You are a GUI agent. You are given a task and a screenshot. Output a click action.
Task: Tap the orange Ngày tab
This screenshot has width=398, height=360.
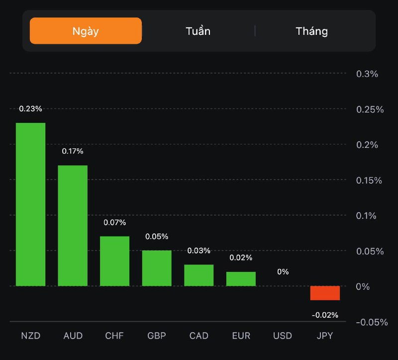pos(86,31)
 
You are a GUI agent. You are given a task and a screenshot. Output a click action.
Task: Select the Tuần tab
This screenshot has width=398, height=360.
pos(198,31)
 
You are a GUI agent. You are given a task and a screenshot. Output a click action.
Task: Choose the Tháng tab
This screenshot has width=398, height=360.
pos(312,31)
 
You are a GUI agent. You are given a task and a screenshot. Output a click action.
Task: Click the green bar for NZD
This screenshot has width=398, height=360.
pos(30,204)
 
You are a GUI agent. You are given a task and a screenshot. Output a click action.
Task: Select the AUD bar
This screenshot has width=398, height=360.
pos(73,226)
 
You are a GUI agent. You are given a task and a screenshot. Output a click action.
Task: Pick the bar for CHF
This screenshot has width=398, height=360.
pos(114,261)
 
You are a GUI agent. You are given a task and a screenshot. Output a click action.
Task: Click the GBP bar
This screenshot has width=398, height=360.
pos(157,268)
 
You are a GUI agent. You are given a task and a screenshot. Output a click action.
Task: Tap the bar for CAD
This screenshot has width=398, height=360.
pos(199,275)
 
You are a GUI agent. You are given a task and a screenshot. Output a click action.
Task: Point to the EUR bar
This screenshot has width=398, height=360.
pos(241,279)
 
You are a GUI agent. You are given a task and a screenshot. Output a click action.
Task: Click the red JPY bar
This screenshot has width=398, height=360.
pos(325,293)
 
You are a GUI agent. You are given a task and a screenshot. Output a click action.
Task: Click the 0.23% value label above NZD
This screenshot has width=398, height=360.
pos(31,109)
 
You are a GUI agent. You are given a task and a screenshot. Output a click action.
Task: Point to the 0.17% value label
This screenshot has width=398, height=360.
pos(73,151)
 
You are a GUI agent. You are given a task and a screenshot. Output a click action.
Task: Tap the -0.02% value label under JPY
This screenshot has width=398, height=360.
pos(325,315)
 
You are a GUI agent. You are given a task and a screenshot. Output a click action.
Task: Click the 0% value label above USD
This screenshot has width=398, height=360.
pos(283,272)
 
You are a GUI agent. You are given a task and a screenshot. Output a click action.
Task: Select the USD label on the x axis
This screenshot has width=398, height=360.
pos(283,336)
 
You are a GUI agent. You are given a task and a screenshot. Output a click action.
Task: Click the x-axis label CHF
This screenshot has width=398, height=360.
pos(114,336)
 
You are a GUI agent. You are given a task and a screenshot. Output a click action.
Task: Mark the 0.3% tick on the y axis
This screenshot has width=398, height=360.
pos(367,74)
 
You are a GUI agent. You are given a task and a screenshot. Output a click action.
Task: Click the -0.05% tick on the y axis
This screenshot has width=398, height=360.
pos(372,322)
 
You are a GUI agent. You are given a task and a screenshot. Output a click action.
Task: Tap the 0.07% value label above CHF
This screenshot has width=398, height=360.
pos(115,222)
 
